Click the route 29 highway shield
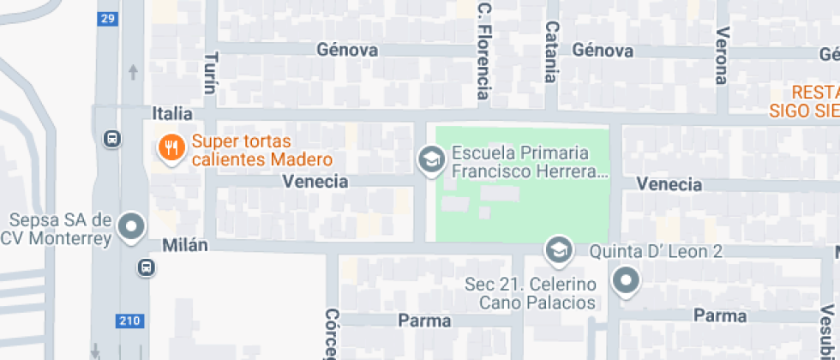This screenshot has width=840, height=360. coord(107,19)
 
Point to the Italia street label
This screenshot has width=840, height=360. coord(171,113)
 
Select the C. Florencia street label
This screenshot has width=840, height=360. coord(484,51)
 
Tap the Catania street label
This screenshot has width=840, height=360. coord(551,52)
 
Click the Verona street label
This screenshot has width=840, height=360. coord(722,56)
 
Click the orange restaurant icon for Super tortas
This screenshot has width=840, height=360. coord(171,148)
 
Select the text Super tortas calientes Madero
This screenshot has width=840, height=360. coord(261,151)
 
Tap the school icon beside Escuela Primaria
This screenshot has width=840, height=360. coord(429,159)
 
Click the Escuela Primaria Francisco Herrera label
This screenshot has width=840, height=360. coord(529,162)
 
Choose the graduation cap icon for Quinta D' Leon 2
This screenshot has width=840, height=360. coord(560,250)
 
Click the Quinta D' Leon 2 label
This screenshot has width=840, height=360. coord(657,252)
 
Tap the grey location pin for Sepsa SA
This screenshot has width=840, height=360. coord(131,227)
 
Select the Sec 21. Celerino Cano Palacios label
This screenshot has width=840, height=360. coord(531,293)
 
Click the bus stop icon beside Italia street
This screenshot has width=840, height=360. coord(111,138)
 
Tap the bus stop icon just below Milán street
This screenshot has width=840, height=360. coord(147,268)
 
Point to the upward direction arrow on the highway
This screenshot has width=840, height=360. coord(133,71)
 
